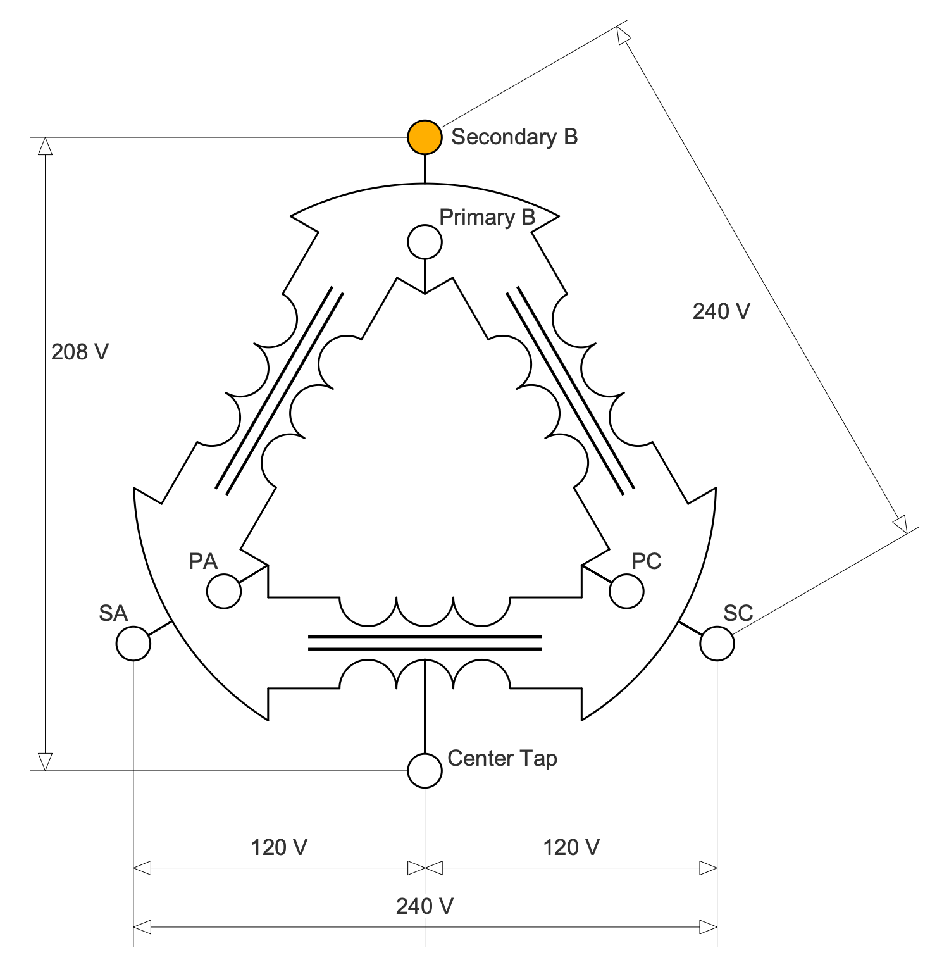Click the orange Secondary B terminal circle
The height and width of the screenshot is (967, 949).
(x=425, y=137)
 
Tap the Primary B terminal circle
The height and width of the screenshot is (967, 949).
(x=425, y=242)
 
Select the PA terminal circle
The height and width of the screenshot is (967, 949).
(x=224, y=592)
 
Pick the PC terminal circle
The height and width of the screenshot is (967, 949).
(x=626, y=592)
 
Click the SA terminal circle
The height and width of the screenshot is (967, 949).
(x=133, y=644)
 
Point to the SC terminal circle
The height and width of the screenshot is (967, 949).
(x=717, y=644)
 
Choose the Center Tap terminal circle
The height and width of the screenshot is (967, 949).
(x=425, y=770)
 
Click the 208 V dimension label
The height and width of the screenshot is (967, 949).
(x=80, y=352)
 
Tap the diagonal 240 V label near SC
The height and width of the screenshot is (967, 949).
(x=721, y=311)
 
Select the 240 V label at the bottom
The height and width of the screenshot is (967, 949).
(x=425, y=906)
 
